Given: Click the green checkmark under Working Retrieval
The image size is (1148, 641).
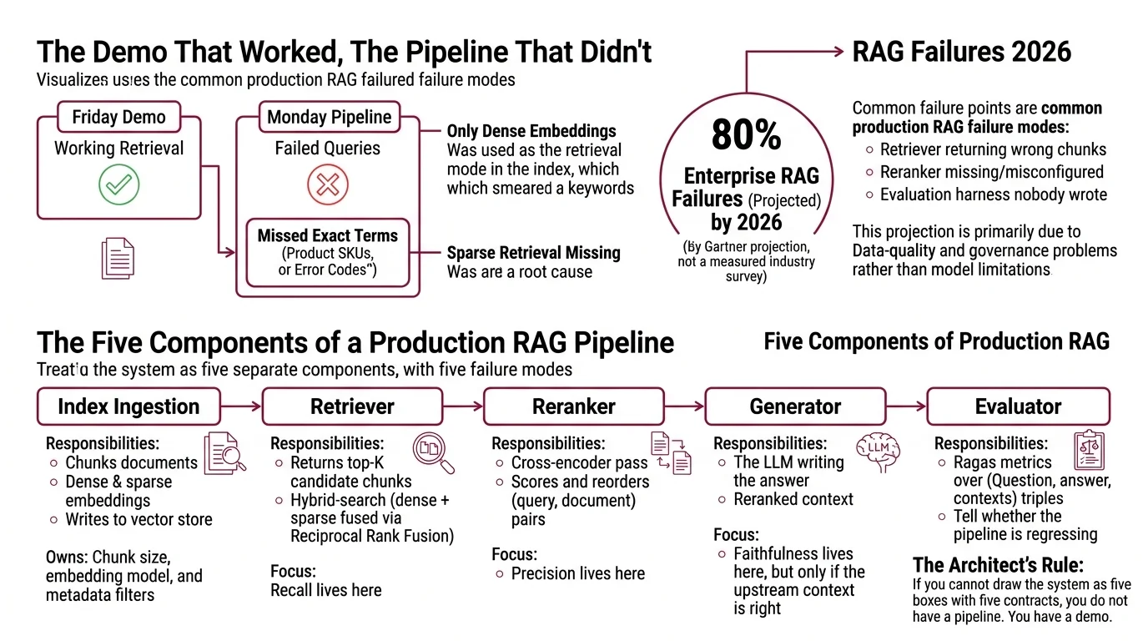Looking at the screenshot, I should [x=118, y=184].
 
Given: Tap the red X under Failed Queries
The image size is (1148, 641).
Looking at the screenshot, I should [x=327, y=184].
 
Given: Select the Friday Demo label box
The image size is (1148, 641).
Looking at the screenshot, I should [x=118, y=117].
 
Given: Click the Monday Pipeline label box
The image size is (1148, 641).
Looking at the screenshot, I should [x=329, y=117].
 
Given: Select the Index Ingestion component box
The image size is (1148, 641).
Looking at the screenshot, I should [x=128, y=406].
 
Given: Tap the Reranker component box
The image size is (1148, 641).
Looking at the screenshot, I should [x=573, y=406].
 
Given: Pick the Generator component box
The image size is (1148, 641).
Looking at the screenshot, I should [x=794, y=406].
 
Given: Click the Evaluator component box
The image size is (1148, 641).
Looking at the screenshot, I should [x=1017, y=406].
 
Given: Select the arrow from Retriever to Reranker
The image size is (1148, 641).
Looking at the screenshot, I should [x=468, y=406].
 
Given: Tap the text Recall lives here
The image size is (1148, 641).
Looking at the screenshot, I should [x=325, y=590].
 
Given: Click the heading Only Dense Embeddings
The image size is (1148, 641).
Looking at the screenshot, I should [x=531, y=131].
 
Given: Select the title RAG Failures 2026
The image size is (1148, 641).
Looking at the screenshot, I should [x=961, y=52].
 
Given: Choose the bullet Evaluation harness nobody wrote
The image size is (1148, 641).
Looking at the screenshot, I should [x=993, y=194].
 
